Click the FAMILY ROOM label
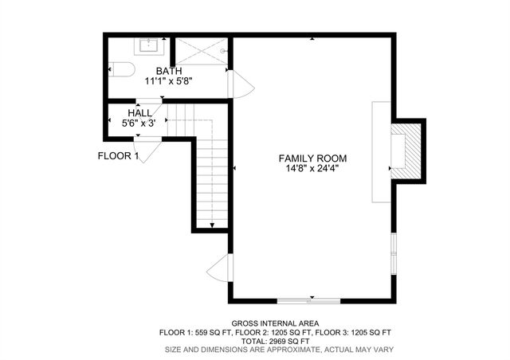(312, 158)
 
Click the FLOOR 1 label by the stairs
(119, 156)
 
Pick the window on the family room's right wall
(394, 254)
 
